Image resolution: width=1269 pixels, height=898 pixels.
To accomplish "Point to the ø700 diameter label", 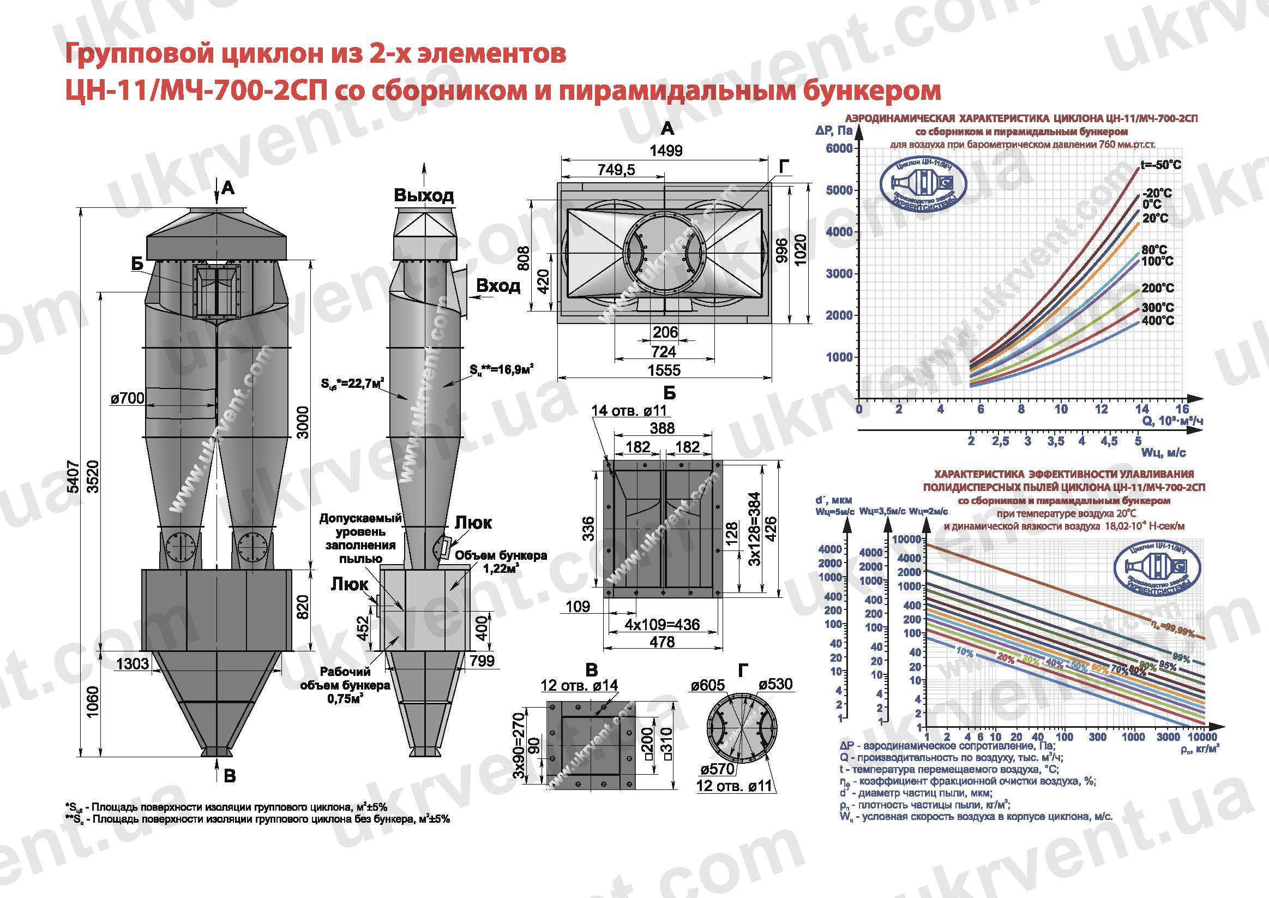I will pos(128,398).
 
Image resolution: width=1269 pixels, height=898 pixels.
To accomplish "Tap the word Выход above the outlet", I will pos(424,195).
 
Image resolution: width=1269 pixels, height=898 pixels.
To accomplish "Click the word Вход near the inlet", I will pos(498,286).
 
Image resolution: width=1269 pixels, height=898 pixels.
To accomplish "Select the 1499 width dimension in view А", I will pos(665,151).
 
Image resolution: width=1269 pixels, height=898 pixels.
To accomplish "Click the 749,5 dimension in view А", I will pos(616,170).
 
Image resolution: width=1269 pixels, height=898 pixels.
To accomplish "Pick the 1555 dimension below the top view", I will pos(664,370).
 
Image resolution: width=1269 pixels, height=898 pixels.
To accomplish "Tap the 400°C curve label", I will pos(1158,321).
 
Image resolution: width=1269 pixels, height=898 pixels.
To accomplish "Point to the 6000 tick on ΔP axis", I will pos(839,148).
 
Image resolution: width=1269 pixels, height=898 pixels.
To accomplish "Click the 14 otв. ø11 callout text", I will pos(629,411).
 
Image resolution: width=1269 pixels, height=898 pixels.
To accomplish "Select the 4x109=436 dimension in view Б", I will pos(663,625).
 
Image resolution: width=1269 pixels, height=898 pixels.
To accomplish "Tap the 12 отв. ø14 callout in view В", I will pos(579,686).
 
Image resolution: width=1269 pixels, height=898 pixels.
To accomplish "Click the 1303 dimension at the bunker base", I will pos(133,663).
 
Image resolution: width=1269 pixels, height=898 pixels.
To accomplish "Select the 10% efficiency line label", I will pos(964,652).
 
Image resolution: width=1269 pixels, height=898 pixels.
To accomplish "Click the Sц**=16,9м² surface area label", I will pos(501,369).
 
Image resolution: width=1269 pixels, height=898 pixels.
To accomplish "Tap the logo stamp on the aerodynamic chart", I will pos(923,187).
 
